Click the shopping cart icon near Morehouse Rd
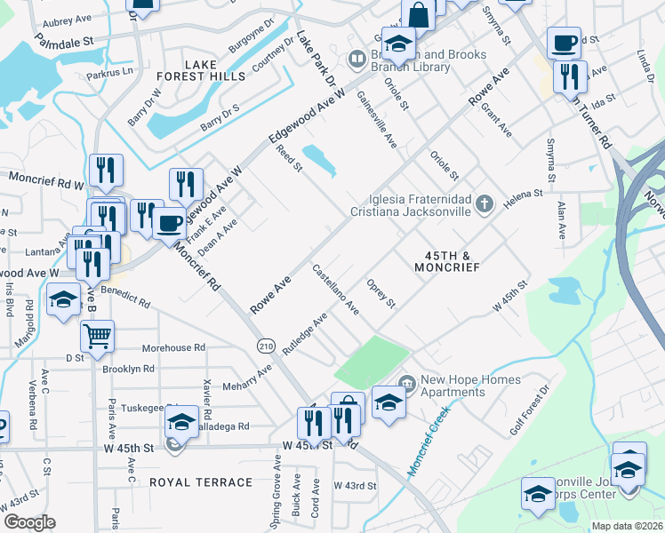(x=97, y=335)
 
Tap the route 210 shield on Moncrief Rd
(x=266, y=345)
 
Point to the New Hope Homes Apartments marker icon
(x=408, y=384)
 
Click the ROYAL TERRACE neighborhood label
(x=201, y=482)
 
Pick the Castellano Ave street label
(x=335, y=289)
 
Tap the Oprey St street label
(x=381, y=295)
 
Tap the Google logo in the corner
(x=29, y=521)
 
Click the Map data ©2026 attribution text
(x=627, y=526)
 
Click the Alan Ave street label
(x=561, y=221)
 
